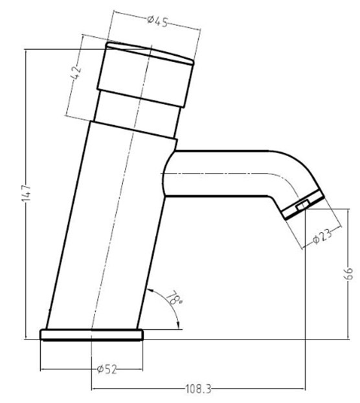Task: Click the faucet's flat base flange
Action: pos(91,334)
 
